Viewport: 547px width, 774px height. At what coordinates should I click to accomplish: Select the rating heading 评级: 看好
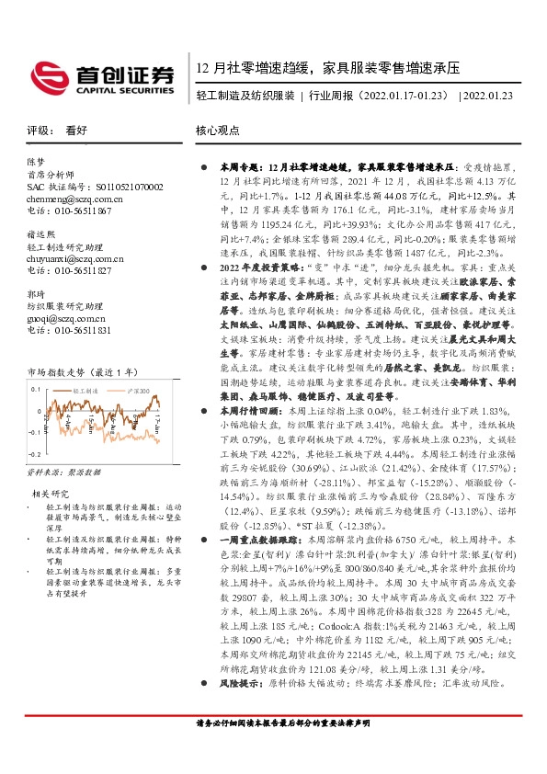57,131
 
